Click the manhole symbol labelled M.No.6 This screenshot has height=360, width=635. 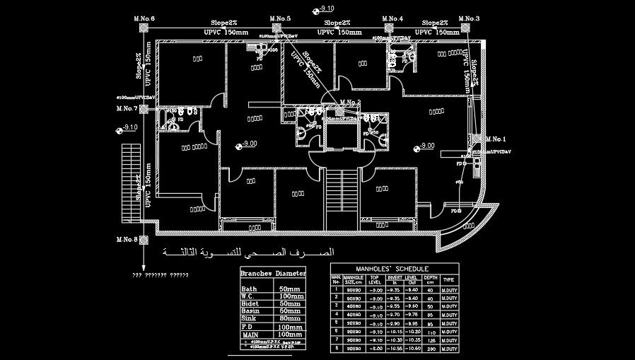(143, 28)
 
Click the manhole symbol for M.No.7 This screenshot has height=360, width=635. (143, 109)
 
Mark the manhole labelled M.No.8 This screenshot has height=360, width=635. (143, 240)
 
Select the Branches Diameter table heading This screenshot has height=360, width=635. (273, 273)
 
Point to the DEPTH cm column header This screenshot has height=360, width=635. (430, 280)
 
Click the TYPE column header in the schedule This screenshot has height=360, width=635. (448, 280)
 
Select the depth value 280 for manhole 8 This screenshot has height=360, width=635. (430, 348)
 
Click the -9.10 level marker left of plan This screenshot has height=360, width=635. (127, 128)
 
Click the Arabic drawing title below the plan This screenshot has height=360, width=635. (247, 252)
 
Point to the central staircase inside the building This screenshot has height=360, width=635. (342, 199)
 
